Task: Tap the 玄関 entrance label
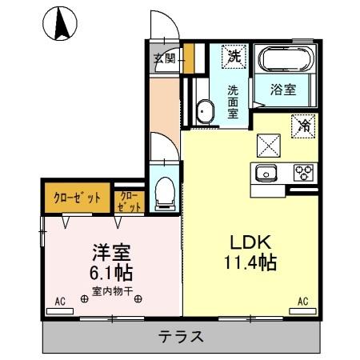(165, 58)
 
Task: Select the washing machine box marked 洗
(233, 58)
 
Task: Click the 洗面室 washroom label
(233, 102)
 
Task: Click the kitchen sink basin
(265, 173)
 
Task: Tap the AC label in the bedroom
(59, 301)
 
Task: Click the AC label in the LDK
(302, 301)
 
